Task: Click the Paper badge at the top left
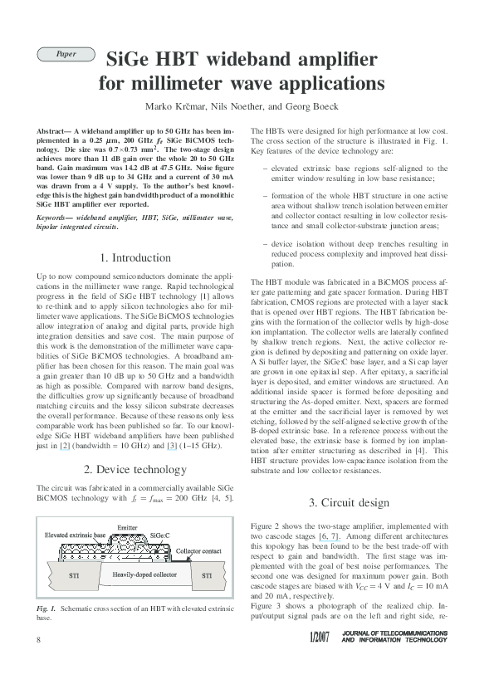(x=66, y=54)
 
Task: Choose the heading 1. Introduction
(x=135, y=257)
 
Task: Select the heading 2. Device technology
(x=135, y=469)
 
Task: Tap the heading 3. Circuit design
(x=348, y=502)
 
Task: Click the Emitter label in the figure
(x=128, y=528)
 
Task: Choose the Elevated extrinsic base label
(x=75, y=535)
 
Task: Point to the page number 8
(x=39, y=662)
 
